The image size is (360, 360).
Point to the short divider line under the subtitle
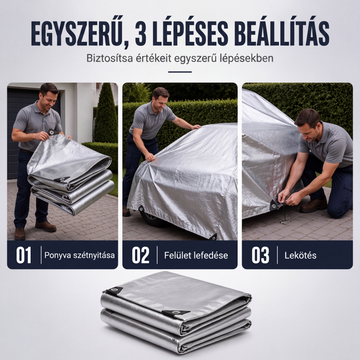click(180, 72)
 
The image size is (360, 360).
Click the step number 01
click(24, 255)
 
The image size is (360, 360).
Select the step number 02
click(140, 255)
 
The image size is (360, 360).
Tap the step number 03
click(260, 255)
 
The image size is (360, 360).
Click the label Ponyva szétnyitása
click(80, 255)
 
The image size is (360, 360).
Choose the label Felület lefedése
click(196, 255)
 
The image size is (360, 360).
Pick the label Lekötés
click(301, 255)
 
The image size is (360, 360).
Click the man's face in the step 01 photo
click(50, 98)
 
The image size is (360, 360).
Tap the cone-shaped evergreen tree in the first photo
click(106, 114)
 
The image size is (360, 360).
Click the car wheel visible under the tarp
click(150, 219)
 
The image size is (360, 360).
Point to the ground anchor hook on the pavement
click(285, 221)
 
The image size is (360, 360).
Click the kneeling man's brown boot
click(313, 205)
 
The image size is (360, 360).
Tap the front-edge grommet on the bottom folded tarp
click(176, 312)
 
